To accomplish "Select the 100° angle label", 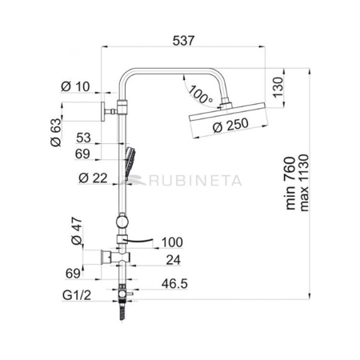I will (x=198, y=96).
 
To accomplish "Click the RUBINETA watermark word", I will (x=191, y=182).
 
